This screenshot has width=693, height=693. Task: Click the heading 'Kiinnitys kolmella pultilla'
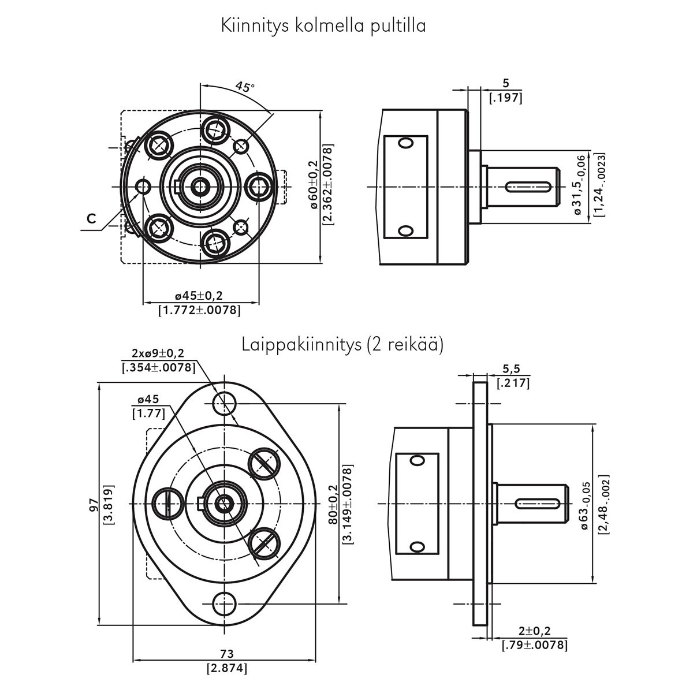tap(323, 26)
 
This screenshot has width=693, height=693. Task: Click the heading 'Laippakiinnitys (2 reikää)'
tap(342, 345)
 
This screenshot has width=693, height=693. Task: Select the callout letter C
tap(91, 218)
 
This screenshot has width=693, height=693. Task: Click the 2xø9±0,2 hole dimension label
tap(159, 353)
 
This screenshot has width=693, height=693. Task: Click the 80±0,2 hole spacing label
tap(333, 504)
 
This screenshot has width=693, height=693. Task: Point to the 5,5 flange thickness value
tap(508, 369)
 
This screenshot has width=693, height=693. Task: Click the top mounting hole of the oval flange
tap(224, 401)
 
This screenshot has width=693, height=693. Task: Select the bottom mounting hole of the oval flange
tap(224, 605)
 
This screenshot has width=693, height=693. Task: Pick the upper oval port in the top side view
tap(406, 143)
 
